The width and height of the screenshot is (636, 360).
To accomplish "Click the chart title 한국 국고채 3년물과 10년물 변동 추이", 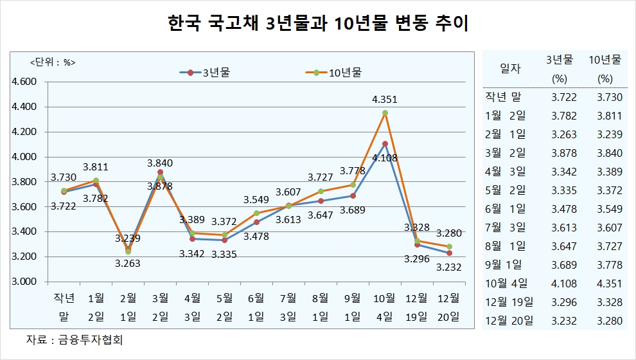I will (x=317, y=25).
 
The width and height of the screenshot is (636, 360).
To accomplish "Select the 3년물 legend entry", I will (x=205, y=73).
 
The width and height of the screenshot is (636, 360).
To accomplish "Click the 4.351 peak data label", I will (x=384, y=100).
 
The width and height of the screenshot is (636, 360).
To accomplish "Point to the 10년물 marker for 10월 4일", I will (x=385, y=113).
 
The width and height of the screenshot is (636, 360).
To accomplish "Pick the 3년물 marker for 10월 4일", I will (x=385, y=143).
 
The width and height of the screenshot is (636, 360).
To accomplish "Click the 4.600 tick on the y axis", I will (x=25, y=82).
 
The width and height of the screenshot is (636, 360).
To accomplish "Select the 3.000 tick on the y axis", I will (x=25, y=282).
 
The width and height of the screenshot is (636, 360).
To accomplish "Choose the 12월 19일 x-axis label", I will (x=416, y=307).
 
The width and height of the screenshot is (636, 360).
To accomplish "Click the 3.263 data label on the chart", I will (x=128, y=262).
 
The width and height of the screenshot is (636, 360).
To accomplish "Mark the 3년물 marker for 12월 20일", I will (x=448, y=253).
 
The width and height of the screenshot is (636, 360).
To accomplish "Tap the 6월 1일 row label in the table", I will (x=507, y=209).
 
